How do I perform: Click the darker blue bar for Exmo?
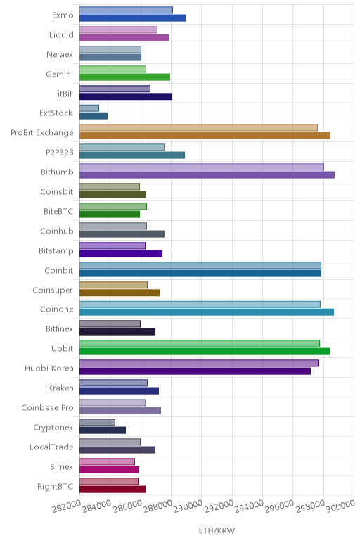(x=133, y=18)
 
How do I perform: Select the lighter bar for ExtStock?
(x=89, y=108)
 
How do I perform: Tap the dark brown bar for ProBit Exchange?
(x=205, y=136)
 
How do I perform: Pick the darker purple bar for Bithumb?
(x=207, y=175)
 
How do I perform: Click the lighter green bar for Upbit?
(x=200, y=343)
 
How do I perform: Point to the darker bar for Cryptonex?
(x=103, y=430)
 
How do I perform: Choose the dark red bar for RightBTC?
(x=112, y=490)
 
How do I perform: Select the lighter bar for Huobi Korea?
(x=199, y=363)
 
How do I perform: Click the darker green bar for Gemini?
(x=125, y=77)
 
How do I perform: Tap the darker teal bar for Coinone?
(x=207, y=312)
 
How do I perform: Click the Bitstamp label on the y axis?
(x=56, y=250)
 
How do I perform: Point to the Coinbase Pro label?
(x=47, y=407)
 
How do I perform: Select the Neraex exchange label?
(x=60, y=54)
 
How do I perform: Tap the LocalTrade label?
(x=51, y=447)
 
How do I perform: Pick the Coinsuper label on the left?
(x=53, y=290)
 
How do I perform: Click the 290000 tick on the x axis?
(x=188, y=507)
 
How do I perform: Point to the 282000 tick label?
(x=67, y=507)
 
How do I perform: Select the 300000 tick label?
(x=340, y=507)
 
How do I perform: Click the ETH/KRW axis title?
(x=217, y=530)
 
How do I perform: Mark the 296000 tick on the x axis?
(x=279, y=507)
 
